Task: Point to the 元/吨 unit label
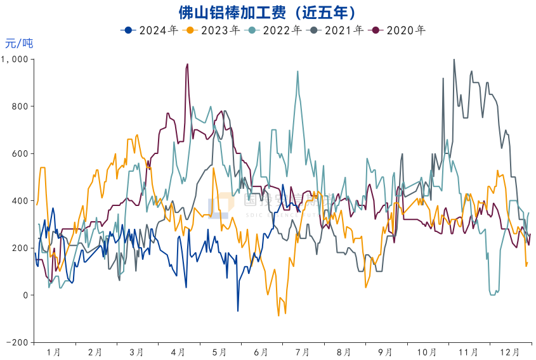(19, 44)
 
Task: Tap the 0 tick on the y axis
(25, 295)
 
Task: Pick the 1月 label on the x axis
(54, 352)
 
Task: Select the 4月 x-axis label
(178, 352)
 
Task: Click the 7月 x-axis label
(303, 352)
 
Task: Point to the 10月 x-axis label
(427, 352)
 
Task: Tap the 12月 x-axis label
(510, 352)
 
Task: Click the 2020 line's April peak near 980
(187, 64)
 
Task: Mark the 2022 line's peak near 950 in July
(297, 72)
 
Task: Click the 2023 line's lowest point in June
(278, 315)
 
